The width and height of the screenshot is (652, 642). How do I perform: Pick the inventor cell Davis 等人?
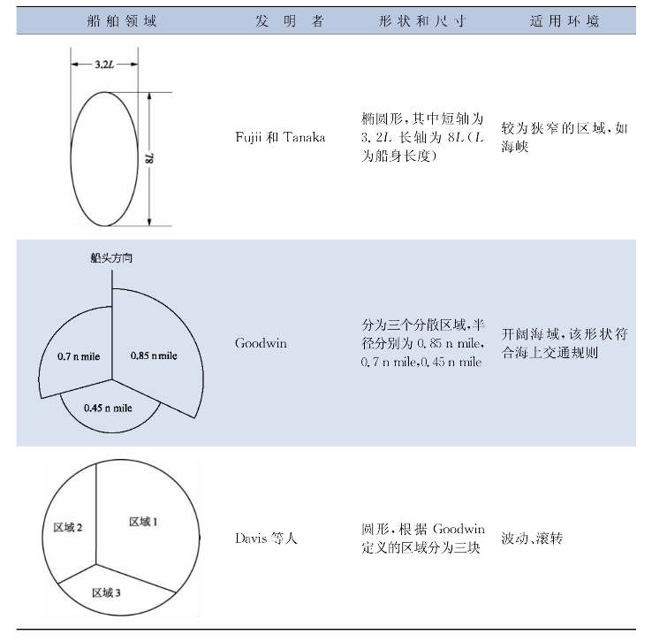266,538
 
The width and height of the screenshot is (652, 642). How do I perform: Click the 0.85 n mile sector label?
154,355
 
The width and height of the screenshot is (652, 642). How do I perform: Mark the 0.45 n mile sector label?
107,408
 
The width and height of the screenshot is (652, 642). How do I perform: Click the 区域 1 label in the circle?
143,522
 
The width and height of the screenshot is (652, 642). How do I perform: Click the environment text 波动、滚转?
532,538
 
